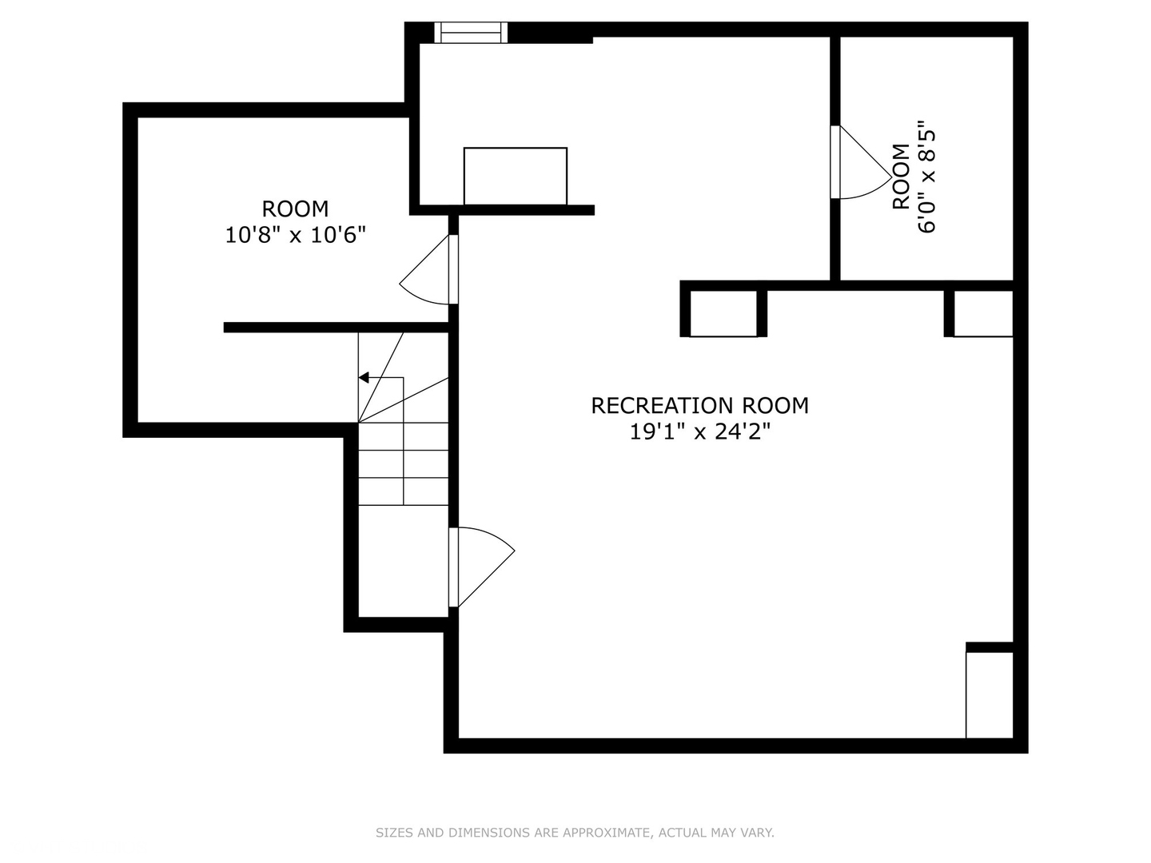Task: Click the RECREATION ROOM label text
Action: pos(699,406)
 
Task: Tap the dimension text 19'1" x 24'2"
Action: pos(699,432)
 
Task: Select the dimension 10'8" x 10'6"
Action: pos(295,235)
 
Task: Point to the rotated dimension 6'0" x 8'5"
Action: pos(926,177)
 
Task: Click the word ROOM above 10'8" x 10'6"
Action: pos(295,209)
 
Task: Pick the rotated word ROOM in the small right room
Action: pos(901,177)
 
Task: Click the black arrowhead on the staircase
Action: pos(364,377)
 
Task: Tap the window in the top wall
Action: pos(471,32)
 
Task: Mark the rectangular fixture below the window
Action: pos(516,176)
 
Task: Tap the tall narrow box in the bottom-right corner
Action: pos(990,694)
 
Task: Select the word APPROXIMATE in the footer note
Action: pos(607,833)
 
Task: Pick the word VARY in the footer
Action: pos(758,833)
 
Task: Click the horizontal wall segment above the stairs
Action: pos(336,328)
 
